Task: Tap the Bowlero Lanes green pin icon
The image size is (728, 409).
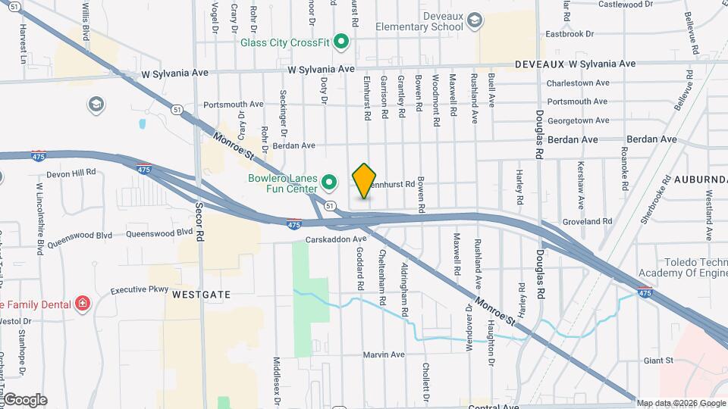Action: pos(329,182)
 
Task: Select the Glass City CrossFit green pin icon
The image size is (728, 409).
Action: pos(341,42)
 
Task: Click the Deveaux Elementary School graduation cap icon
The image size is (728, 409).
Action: pos(475,20)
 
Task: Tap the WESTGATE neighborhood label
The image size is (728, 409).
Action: pos(201,292)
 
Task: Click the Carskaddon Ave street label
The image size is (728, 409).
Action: pos(337,239)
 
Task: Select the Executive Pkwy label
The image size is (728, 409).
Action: pos(139,289)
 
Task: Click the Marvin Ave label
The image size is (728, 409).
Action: pos(384,354)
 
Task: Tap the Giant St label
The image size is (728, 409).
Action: pos(658,361)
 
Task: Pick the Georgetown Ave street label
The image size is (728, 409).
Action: pos(579,120)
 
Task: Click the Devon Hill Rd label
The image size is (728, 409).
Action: pos(71,173)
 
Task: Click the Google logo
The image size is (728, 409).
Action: pos(25,399)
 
